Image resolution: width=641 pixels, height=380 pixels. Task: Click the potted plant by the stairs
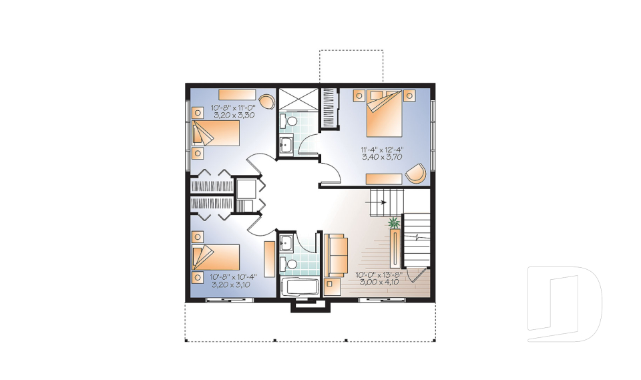click(394, 223)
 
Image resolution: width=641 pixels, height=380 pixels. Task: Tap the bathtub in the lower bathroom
click(300, 287)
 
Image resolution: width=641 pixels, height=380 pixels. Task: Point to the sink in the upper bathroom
click(286, 144)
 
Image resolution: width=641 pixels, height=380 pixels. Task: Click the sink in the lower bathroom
click(286, 243)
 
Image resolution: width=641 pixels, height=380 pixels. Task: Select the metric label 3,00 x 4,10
click(379, 282)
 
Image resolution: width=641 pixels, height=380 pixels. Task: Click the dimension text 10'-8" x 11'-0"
click(233, 108)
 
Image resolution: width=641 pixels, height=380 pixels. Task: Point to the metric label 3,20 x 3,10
click(230, 284)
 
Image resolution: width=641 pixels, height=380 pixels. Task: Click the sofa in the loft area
click(336, 254)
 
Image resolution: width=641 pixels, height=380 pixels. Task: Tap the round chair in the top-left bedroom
click(266, 101)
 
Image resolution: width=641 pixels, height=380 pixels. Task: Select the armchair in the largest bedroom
click(416, 172)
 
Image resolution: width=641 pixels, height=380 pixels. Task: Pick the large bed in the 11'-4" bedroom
click(384, 114)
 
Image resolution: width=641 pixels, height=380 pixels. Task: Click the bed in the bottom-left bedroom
click(216, 257)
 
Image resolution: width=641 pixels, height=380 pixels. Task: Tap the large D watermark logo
click(564, 304)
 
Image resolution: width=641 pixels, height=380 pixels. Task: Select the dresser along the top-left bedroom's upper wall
click(236, 94)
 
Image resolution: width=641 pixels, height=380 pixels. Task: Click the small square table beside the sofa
click(333, 287)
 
